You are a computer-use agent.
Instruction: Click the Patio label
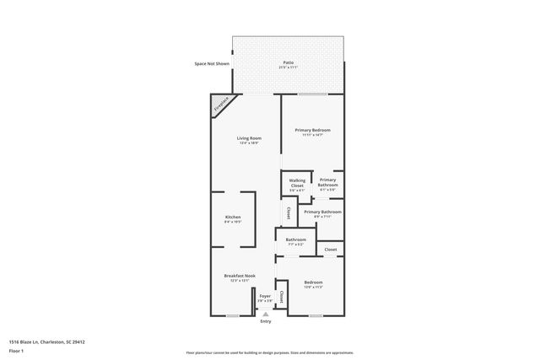coord(288,64)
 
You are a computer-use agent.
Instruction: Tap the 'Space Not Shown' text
coord(211,64)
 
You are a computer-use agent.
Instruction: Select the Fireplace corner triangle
coord(220,105)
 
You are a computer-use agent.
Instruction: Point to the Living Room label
coord(248,139)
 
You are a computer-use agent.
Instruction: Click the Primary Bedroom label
coord(312,132)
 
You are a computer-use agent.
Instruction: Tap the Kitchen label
coord(233,219)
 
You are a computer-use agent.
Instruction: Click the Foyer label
coord(265,297)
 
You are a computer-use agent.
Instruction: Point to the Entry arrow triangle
coord(266,314)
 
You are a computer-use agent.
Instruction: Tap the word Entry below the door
coord(266,321)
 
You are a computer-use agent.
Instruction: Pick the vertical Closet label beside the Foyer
coord(281,298)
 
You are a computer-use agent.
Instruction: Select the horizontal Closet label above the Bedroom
coord(331,250)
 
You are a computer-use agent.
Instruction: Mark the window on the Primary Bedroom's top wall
coord(312,94)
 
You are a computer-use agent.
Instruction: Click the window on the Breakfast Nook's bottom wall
coord(232,316)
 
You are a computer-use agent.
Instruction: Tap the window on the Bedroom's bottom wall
coord(316,316)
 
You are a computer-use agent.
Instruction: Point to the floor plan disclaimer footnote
coord(269,352)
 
